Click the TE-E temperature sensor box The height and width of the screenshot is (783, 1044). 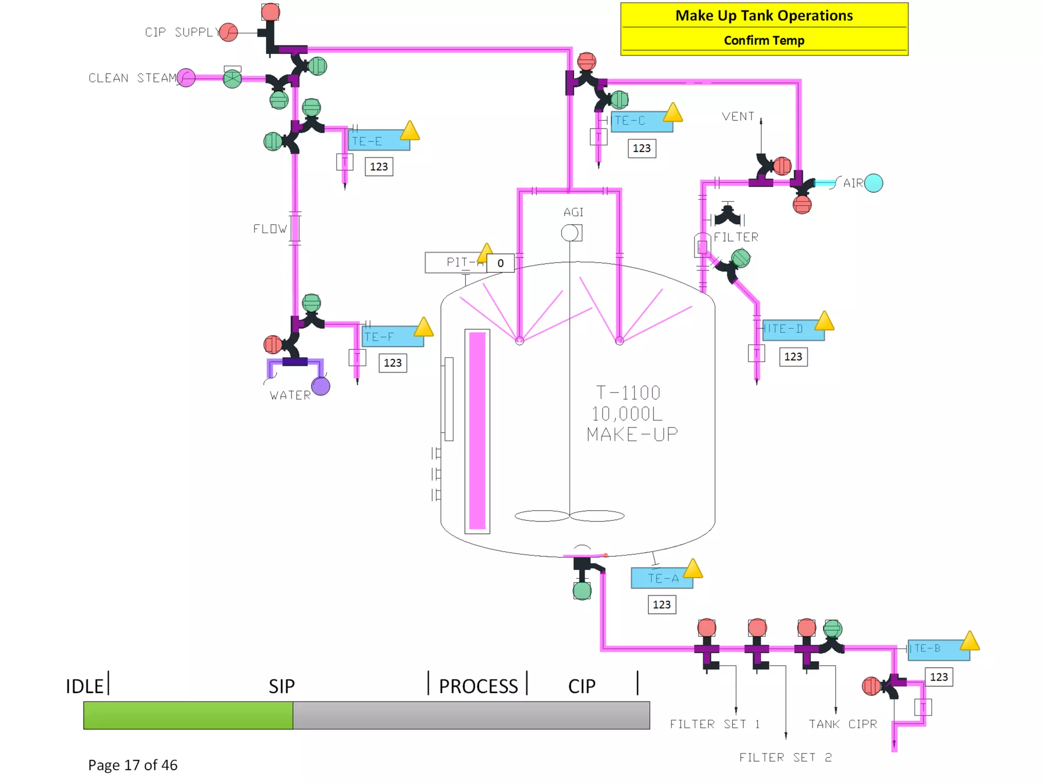pos(378,141)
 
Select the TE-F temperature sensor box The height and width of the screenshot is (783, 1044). pos(393,337)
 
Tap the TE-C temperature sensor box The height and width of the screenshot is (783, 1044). pos(641,121)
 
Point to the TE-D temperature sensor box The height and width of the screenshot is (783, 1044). pos(793,329)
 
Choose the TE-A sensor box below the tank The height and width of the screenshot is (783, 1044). pos(662,578)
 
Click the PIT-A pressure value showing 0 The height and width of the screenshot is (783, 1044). pos(500,263)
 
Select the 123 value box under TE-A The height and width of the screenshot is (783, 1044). pos(662,605)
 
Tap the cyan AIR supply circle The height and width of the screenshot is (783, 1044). pos(873,183)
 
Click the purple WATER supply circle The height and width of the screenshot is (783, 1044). pos(321,386)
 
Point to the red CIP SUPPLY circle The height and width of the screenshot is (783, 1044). pos(229,32)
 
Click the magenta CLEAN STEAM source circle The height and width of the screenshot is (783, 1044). pos(186,78)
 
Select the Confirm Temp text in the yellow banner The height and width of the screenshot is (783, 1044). pos(764,41)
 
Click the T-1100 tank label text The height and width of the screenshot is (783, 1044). pos(628,393)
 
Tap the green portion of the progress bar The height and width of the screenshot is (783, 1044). pos(188,715)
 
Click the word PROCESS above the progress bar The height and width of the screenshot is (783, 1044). pos(478,686)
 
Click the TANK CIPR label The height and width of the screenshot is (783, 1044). pos(843,724)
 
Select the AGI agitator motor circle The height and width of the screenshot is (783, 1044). pos(569,233)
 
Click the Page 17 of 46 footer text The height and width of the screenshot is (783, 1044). pos(133,765)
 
